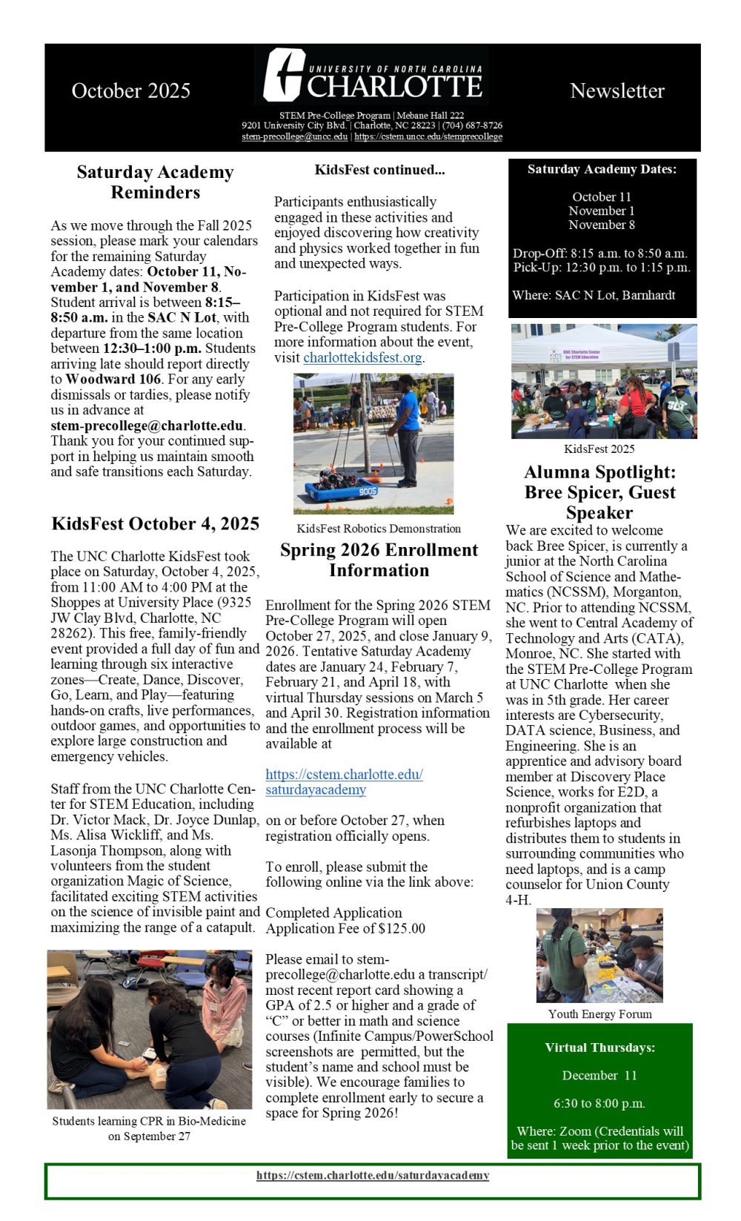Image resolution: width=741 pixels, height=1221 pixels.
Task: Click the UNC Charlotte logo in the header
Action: click(x=373, y=76)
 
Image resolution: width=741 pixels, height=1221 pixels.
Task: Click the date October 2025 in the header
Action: click(x=131, y=91)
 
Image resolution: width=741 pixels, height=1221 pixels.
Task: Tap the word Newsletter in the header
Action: click(x=617, y=91)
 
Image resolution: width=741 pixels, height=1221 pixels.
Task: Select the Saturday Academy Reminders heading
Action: click(x=155, y=182)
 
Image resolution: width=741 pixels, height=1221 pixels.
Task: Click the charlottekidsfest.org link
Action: click(x=362, y=357)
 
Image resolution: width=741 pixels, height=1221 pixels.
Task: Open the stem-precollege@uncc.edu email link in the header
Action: click(x=295, y=136)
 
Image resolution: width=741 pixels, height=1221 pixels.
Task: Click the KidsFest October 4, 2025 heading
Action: click(x=156, y=524)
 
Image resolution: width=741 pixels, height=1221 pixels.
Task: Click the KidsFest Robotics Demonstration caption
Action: click(x=379, y=529)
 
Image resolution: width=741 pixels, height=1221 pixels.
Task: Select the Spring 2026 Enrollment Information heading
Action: click(x=379, y=560)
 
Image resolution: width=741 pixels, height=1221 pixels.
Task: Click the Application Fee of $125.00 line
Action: click(x=345, y=929)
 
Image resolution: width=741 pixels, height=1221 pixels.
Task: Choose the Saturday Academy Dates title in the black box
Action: click(x=602, y=170)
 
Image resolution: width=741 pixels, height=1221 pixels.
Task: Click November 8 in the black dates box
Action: click(x=602, y=225)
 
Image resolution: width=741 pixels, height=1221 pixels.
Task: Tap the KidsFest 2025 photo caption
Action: click(x=599, y=449)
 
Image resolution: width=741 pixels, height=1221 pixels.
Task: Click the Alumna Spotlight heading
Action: click(x=599, y=492)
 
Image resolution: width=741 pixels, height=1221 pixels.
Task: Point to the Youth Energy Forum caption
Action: click(x=600, y=1014)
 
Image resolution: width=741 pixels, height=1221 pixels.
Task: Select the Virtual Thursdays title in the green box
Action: click(x=600, y=1048)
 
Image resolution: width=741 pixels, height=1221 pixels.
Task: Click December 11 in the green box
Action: click(x=599, y=1076)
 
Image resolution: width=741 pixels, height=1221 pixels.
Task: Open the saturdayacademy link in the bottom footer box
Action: click(x=373, y=1175)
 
